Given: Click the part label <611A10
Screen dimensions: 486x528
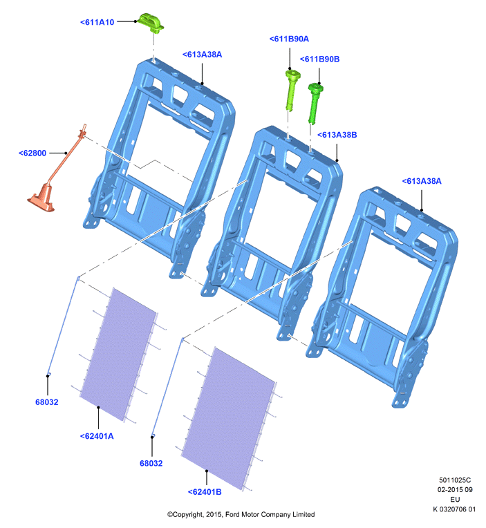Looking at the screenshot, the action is [97, 22].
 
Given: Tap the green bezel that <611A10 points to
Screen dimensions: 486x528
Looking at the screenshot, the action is [151, 23].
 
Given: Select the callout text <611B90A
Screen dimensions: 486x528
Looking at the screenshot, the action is [289, 39].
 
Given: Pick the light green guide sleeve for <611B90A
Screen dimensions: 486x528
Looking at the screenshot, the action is [292, 90].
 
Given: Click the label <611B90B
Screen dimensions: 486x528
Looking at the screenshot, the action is [319, 59].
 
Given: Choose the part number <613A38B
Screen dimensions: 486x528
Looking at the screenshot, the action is [337, 135].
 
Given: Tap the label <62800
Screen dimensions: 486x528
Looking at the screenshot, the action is [32, 153].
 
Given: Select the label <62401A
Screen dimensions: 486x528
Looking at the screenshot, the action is [97, 436].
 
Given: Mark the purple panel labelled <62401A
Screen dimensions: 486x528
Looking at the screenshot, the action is [118, 354].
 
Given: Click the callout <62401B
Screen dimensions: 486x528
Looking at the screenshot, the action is [205, 492].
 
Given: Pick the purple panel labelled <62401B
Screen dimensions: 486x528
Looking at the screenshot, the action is [228, 417].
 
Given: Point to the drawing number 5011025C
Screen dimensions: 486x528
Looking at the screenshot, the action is [455, 480].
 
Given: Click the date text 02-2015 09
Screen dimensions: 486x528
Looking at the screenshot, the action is [455, 489].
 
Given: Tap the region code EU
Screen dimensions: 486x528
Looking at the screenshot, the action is [455, 500].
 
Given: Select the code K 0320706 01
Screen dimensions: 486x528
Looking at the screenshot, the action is [454, 509].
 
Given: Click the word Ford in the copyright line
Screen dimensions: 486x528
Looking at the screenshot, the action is [232, 515].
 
